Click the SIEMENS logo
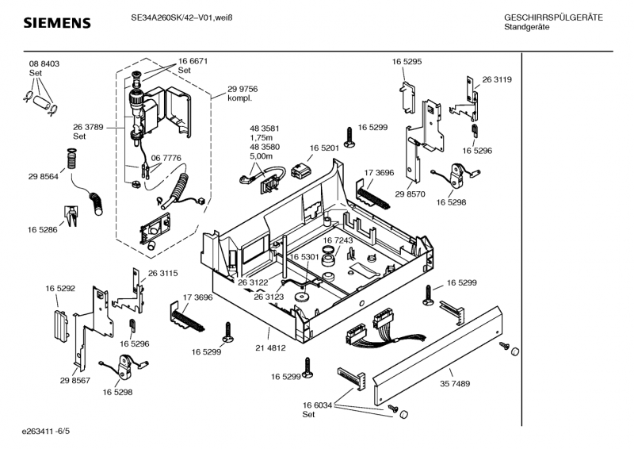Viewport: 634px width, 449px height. (56, 23)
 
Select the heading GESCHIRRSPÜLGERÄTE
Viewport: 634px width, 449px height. (553, 17)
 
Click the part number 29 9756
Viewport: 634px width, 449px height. (243, 89)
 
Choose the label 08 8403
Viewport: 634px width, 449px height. (44, 63)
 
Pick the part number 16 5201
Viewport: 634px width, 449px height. (324, 148)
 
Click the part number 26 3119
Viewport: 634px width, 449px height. (496, 79)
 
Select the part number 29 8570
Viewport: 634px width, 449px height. (411, 194)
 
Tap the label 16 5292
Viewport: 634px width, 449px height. (59, 288)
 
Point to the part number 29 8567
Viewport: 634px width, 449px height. (74, 381)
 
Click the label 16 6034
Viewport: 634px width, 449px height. (316, 405)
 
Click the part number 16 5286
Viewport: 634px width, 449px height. (43, 229)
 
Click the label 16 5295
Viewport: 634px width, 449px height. (407, 61)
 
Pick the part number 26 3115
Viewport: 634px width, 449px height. (162, 273)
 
